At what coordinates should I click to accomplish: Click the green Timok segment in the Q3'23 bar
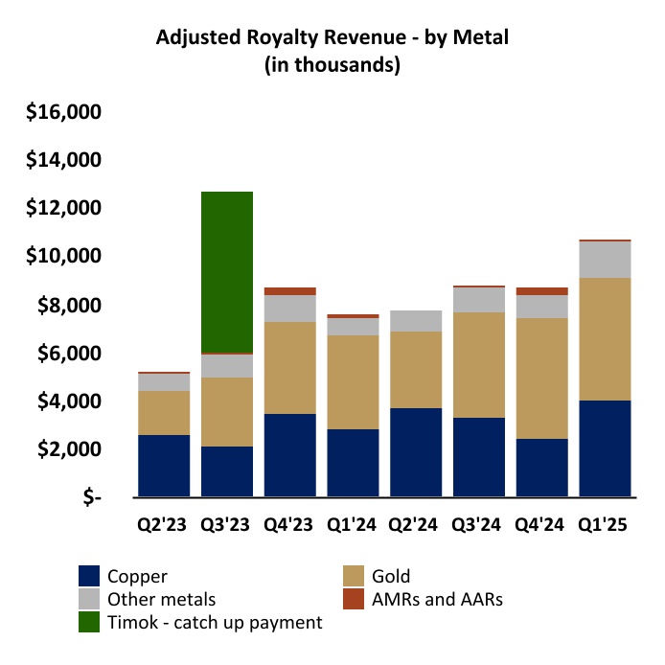tap(227, 272)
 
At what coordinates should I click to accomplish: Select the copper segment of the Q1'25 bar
tap(606, 448)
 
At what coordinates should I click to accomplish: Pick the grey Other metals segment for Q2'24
tap(416, 321)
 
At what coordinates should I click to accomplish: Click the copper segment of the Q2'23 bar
tap(164, 466)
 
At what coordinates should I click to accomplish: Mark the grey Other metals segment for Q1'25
tap(606, 260)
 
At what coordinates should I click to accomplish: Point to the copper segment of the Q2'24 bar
tap(416, 452)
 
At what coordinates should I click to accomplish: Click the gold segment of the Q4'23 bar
tap(290, 368)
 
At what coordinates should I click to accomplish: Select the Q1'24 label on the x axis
tap(353, 525)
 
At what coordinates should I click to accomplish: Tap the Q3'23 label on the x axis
tap(227, 525)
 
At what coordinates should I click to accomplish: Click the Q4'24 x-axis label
tap(542, 525)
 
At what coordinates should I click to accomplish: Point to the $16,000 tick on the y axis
tap(64, 112)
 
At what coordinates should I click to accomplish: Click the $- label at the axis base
tap(90, 498)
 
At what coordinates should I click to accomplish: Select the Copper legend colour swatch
tap(90, 576)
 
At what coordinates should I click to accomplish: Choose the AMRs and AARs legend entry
tap(440, 599)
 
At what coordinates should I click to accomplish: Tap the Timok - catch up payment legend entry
tap(217, 622)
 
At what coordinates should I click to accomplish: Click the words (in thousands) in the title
tap(332, 66)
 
